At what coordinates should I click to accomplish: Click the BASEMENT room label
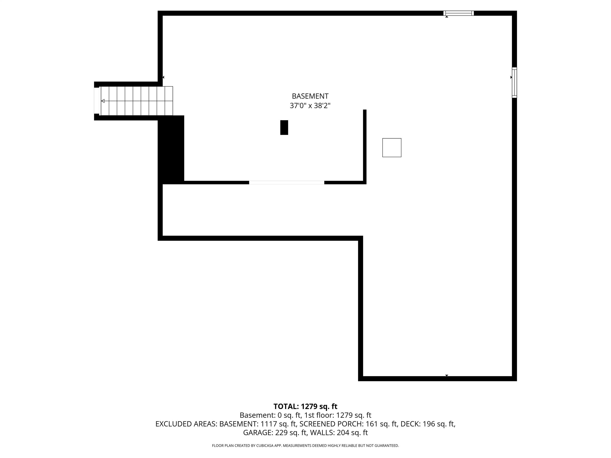coord(310,96)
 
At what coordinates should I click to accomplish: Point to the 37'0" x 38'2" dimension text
coord(310,106)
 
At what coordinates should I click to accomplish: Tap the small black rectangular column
coord(284,128)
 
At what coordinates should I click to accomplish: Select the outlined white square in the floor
coord(392,148)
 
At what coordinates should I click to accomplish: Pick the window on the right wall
coord(514,82)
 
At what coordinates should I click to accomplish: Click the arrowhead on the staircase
coord(103,101)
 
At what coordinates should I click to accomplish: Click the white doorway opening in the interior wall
coord(287,182)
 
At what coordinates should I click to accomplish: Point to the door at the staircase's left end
coord(97,101)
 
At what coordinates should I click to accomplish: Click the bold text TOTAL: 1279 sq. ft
coord(305,406)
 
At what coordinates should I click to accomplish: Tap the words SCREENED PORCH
coord(332,424)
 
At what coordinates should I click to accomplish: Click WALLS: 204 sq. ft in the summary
coord(339,433)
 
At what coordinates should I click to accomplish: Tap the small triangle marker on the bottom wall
coord(447,376)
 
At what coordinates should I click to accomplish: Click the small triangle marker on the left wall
coord(163,77)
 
